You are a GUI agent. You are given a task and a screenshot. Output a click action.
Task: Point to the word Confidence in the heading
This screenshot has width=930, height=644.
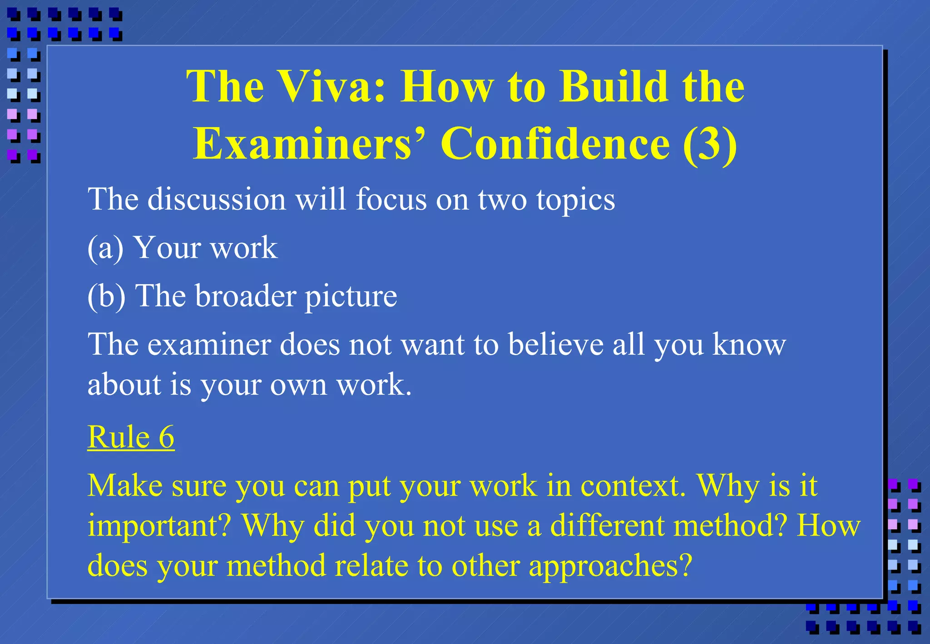tap(555, 144)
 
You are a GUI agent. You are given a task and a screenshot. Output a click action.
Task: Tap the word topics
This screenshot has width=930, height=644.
tap(575, 200)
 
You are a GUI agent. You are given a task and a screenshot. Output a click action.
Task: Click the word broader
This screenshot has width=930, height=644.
tap(246, 296)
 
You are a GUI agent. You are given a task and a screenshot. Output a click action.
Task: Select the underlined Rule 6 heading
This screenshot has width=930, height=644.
tap(131, 437)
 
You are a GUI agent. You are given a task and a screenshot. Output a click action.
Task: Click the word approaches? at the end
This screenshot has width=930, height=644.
tap(610, 566)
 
